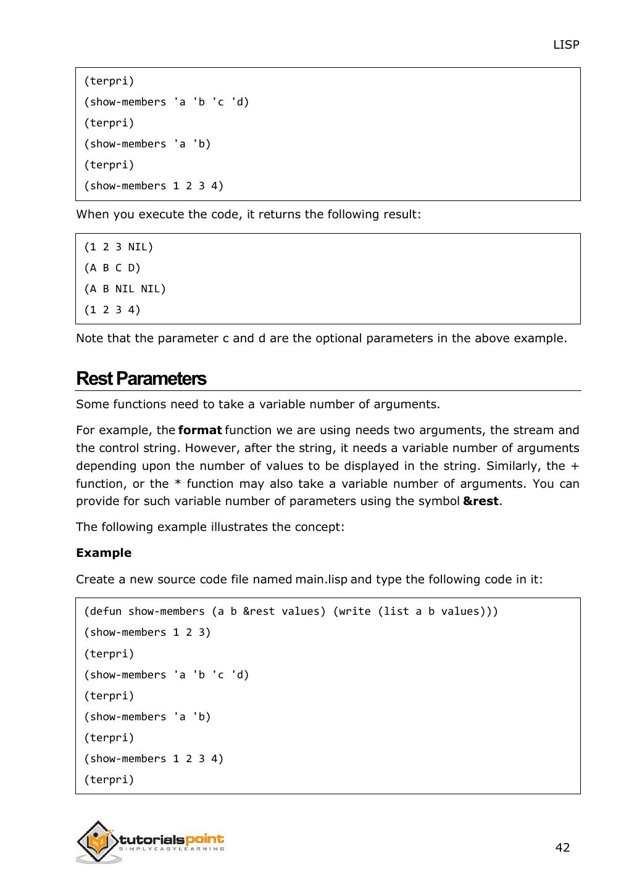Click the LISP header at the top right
coord(565,44)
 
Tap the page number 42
coord(562,847)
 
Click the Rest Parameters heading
coord(141,378)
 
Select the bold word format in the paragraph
coord(199,430)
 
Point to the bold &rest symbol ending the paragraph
coord(480,501)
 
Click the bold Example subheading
coord(104,553)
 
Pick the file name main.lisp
coord(321,579)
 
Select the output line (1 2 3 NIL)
coord(119,247)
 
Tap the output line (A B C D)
coord(112,268)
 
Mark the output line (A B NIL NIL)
coord(125,289)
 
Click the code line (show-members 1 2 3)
coord(148,632)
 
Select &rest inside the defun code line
coord(259,611)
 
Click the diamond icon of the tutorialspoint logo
coord(97,841)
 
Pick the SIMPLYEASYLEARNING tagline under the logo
coord(171,849)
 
